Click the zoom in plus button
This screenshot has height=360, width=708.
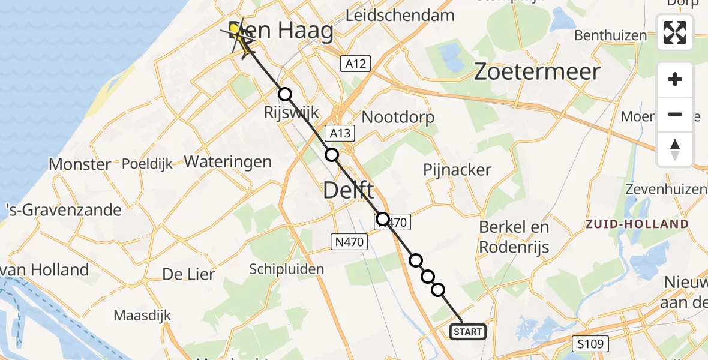tap(675, 79)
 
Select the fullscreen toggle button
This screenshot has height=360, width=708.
tap(675, 32)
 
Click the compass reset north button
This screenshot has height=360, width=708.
tap(675, 149)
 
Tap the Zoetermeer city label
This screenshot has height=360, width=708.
tap(537, 72)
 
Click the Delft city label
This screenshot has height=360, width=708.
tap(349, 191)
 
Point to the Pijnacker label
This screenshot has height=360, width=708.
tap(457, 170)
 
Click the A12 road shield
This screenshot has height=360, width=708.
tap(356, 64)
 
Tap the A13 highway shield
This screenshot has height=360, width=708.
tap(340, 133)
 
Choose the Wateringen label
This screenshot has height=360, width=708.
tap(228, 161)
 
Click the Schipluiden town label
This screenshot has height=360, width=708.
tap(286, 269)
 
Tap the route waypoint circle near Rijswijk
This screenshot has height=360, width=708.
tap(285, 94)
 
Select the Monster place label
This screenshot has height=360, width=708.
tap(80, 164)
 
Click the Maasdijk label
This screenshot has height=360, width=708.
tap(142, 315)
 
